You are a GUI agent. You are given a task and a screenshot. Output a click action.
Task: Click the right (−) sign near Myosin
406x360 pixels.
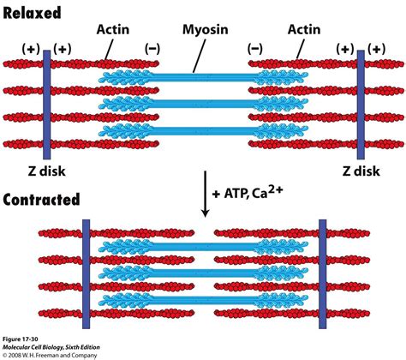pyautogui.click(x=254, y=51)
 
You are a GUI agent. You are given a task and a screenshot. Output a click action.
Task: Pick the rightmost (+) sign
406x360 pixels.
pyautogui.click(x=374, y=51)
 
